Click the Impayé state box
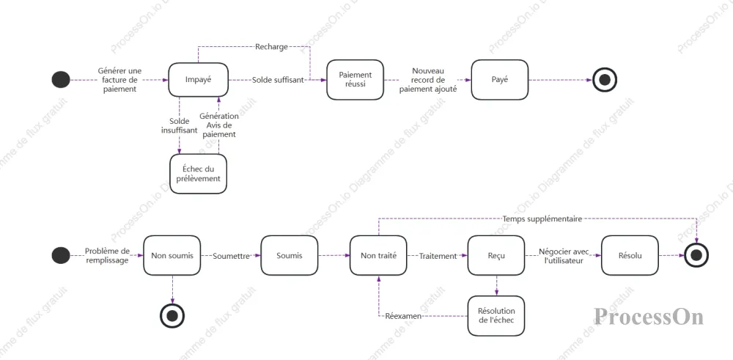[x=198, y=80]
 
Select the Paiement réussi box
[x=355, y=79]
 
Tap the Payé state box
[x=500, y=79]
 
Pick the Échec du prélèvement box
[x=198, y=174]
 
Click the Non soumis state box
[x=172, y=255]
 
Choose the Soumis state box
[x=290, y=255]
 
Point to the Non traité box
[x=378, y=255]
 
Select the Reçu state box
[x=496, y=255]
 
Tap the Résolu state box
[x=630, y=255]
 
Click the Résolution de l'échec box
[x=496, y=315]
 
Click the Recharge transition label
[x=272, y=47]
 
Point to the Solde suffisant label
[x=279, y=80]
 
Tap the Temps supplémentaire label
[x=542, y=218]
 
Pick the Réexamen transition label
[x=403, y=316]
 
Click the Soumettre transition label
[x=231, y=256]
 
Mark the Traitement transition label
[x=438, y=256]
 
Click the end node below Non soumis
[x=172, y=315]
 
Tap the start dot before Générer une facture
[x=61, y=79]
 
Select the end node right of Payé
[x=605, y=80]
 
